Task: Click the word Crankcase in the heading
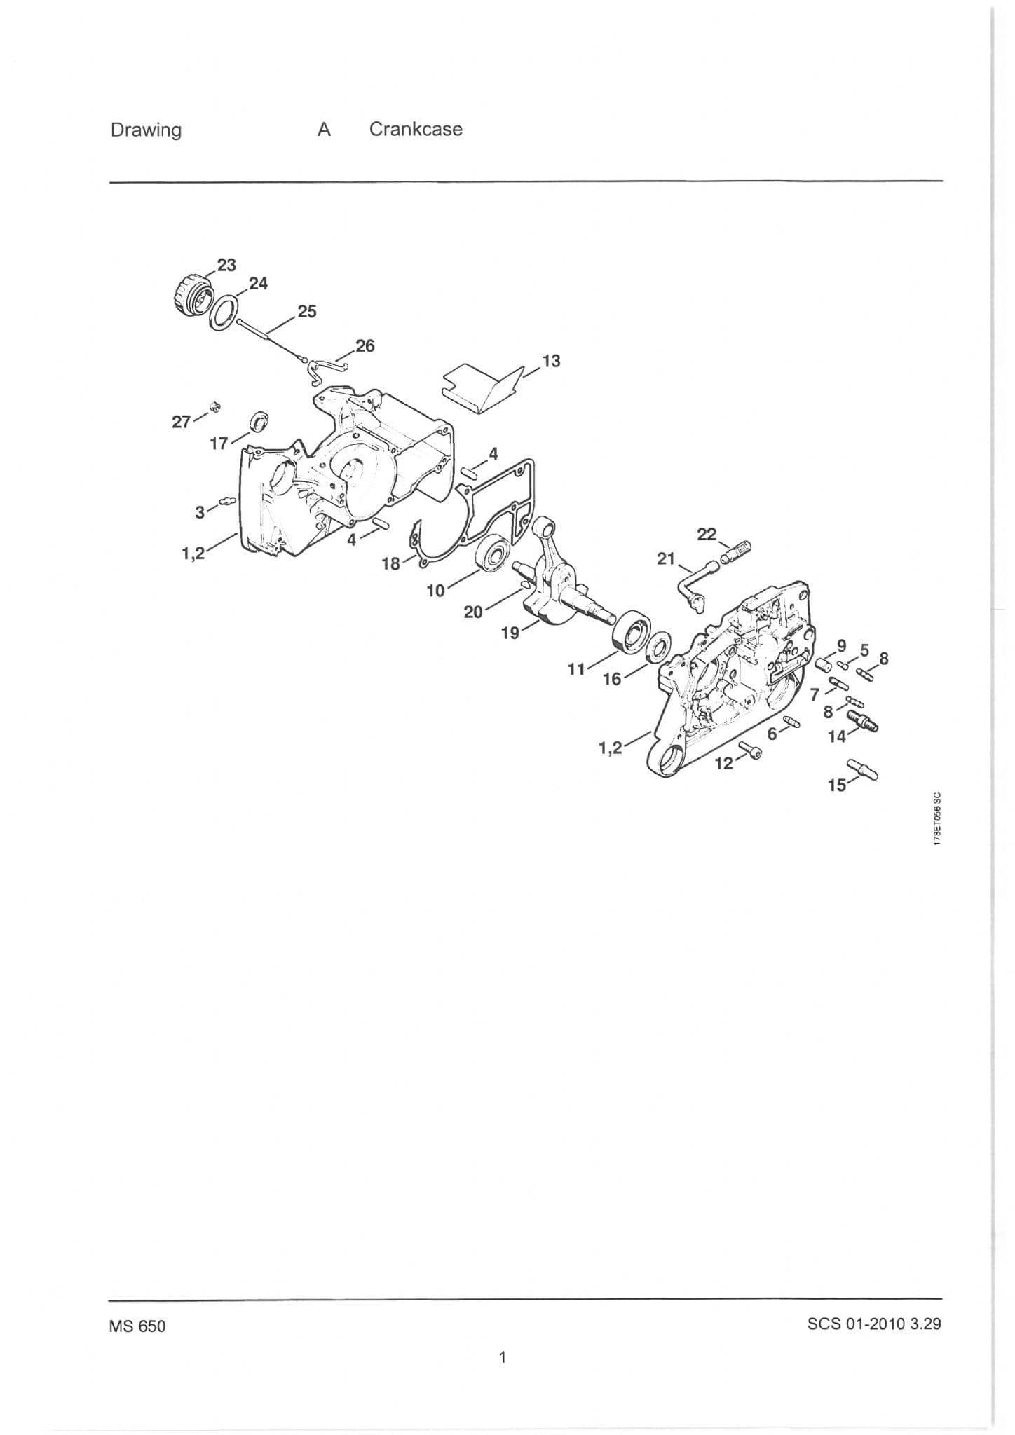(416, 130)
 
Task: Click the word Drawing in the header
(146, 131)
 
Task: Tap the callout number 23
(226, 265)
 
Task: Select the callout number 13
(552, 361)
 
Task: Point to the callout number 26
(365, 345)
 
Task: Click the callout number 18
(390, 563)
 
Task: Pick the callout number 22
(707, 535)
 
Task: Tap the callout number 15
(837, 785)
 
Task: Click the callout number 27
(182, 422)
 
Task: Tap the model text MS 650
(137, 1326)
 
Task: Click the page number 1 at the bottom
(502, 1357)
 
